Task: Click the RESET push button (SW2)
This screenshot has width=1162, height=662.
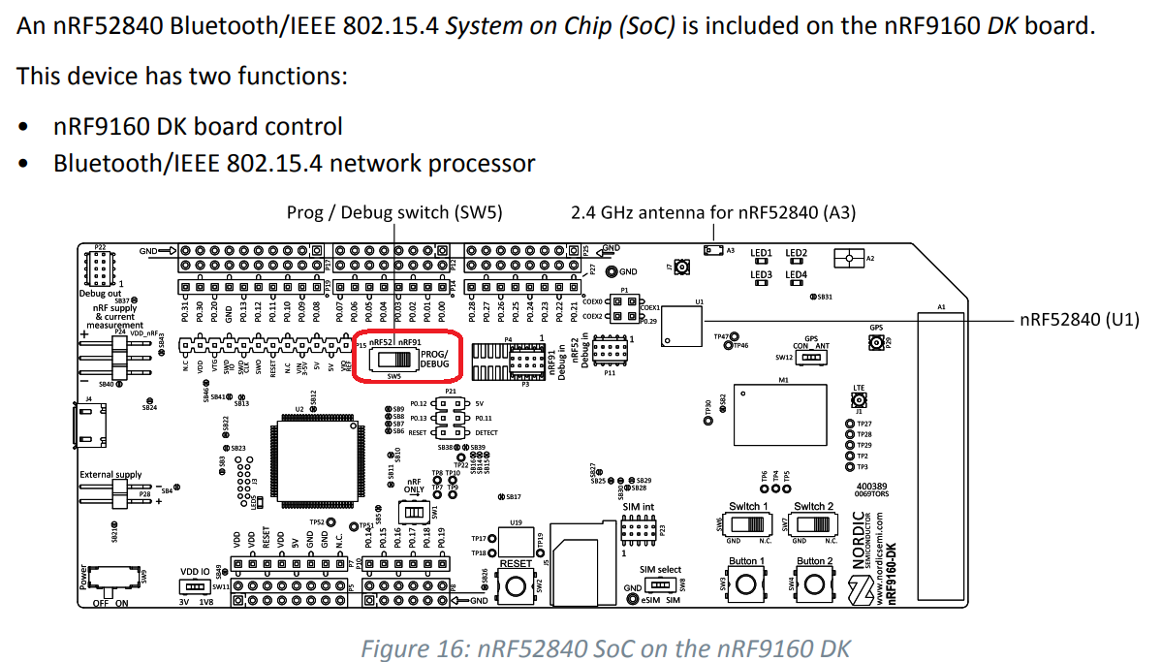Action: click(516, 584)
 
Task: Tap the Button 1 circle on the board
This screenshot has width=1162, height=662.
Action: click(746, 584)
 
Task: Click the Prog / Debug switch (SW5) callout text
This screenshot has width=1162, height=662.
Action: click(394, 212)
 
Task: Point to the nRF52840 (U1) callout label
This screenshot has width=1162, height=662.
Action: click(1081, 319)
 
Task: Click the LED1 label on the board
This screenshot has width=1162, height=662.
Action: click(761, 254)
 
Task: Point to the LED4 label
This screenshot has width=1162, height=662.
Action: click(796, 274)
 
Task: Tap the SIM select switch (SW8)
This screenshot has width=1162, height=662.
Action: click(660, 585)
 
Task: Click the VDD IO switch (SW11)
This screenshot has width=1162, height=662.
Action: click(193, 586)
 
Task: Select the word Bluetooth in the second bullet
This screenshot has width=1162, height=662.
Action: click(99, 163)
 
